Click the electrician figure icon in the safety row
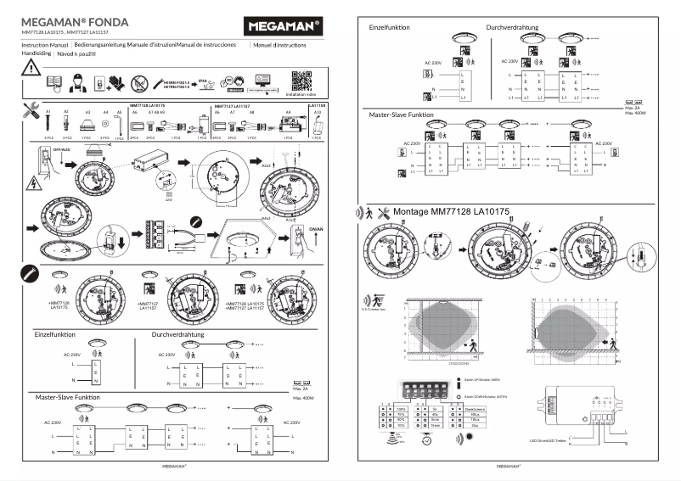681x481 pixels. point(75,83)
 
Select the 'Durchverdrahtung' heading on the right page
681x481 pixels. point(512,27)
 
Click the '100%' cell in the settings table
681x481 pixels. point(401,409)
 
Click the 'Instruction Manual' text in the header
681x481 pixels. point(44,42)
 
